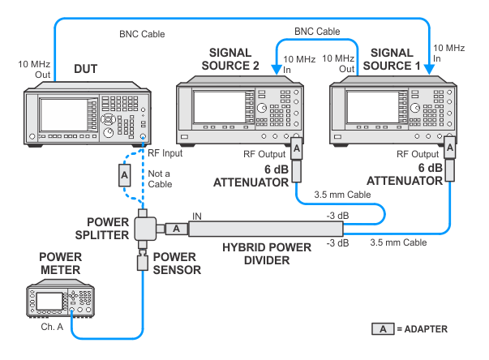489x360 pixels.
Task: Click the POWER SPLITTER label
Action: coord(108,229)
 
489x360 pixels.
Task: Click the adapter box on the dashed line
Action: coord(124,174)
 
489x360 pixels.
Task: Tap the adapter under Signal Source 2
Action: coord(297,149)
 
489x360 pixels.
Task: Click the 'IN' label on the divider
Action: coord(198,216)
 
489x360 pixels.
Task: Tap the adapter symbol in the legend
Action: coord(381,329)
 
